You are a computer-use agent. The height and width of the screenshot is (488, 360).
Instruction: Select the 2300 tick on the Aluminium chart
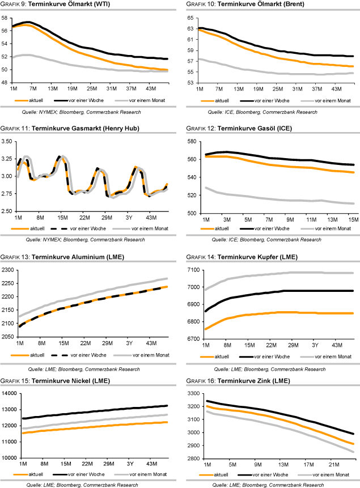[10, 269]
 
